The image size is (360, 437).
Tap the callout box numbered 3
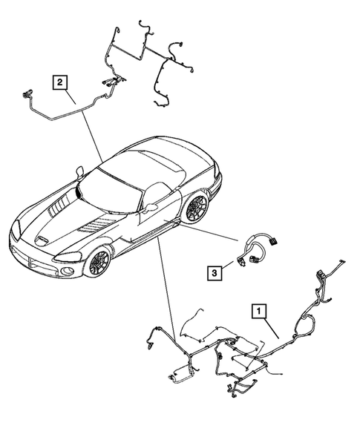(215, 274)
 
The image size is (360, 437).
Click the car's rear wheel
(197, 207)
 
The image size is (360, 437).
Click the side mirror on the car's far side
(80, 172)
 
